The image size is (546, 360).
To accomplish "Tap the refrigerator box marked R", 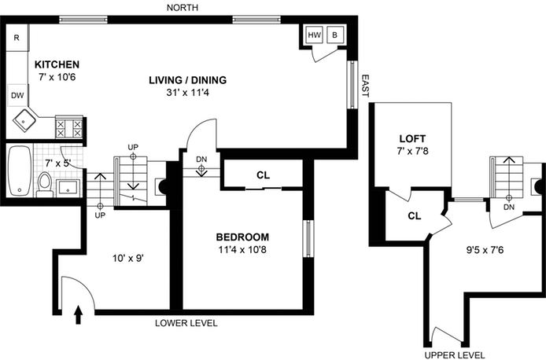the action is coord(17,36).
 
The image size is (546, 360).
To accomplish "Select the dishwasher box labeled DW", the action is coord(17,95).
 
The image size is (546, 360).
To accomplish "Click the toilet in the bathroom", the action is coord(45,184).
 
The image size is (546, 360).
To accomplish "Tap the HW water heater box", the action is coord(314,35).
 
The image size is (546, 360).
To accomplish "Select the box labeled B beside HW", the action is coord(334,35).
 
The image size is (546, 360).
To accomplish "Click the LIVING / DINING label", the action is coord(188,79).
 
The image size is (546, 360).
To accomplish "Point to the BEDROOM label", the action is coord(242,237).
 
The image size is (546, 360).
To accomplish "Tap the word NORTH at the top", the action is coord(187,8).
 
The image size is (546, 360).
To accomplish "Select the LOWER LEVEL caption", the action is coord(186,323).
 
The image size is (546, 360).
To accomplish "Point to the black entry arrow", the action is coord(78,315).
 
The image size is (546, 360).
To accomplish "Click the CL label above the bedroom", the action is coord(263,174).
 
